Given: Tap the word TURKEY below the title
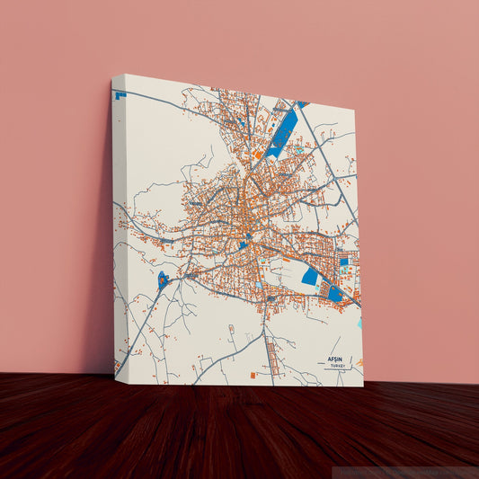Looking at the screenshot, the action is click(338, 367).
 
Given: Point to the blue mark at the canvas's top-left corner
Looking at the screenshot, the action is click(120, 93).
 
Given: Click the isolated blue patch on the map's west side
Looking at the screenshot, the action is click(163, 279).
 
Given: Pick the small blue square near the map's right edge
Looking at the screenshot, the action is click(344, 262).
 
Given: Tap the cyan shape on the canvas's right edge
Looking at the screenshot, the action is click(359, 322).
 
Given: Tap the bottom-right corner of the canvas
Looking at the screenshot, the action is click(363, 386).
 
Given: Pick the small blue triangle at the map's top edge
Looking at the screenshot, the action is click(303, 104).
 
